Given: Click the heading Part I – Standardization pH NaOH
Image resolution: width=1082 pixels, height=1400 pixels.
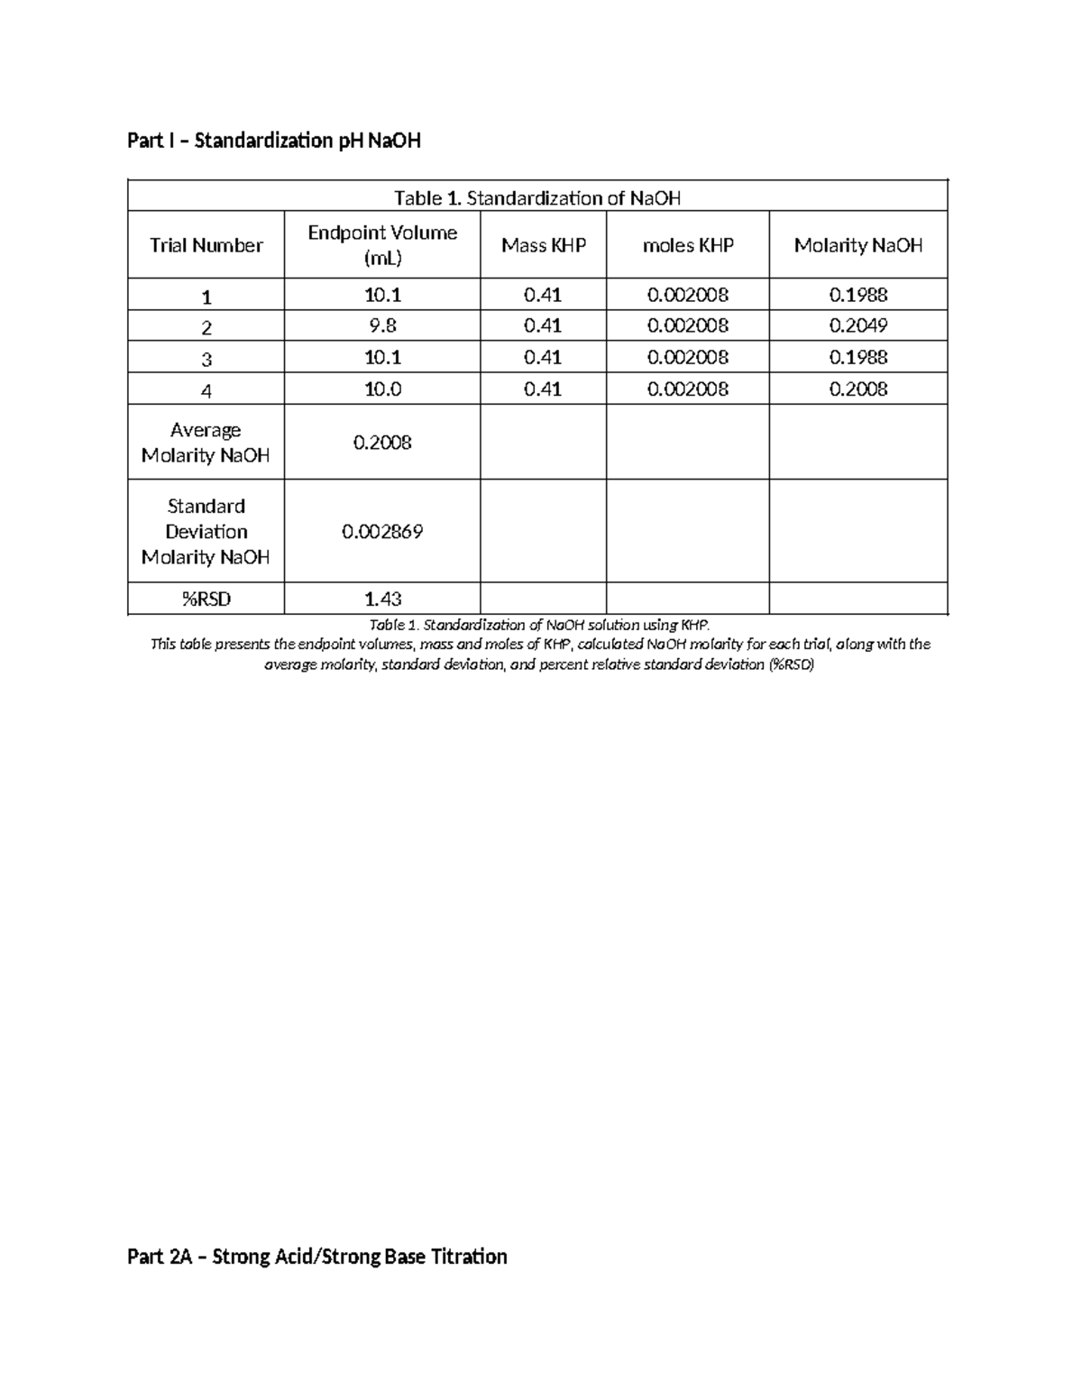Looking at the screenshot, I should (x=274, y=141).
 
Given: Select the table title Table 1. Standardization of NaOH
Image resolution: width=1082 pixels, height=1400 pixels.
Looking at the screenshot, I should (x=537, y=198).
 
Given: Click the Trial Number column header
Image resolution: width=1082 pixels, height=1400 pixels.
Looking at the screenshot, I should (x=206, y=245).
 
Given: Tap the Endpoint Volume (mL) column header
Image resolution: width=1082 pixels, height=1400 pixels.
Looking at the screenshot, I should (x=382, y=245).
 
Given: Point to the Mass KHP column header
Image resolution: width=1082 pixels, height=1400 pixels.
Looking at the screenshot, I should (x=543, y=245).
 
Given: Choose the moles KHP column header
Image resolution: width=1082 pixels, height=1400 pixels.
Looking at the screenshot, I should (x=687, y=245).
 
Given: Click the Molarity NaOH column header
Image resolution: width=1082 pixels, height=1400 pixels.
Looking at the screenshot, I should (x=857, y=245).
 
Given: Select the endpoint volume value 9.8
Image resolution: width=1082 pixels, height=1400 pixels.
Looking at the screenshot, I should (x=382, y=325).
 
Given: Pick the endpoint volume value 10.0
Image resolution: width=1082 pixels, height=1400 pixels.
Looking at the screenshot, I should (x=382, y=389).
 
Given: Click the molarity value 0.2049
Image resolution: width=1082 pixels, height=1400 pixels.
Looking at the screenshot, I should (x=857, y=325).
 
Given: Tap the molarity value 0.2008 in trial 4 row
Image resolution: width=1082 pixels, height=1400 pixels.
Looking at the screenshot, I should (x=857, y=389).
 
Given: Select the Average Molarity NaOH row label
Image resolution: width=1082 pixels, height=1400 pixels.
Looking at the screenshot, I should (x=206, y=443).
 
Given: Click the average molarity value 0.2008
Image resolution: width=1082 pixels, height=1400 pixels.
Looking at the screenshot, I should (x=382, y=443).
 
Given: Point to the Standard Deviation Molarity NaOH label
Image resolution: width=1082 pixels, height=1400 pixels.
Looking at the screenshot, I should (x=206, y=531).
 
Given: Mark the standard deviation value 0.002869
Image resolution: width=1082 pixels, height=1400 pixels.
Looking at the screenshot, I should (x=382, y=532).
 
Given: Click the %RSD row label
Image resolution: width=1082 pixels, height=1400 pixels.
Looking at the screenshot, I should (x=206, y=599).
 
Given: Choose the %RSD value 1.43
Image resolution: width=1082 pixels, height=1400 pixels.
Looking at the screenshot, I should (x=382, y=599).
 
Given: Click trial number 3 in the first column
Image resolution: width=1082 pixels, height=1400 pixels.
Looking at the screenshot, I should (x=206, y=359).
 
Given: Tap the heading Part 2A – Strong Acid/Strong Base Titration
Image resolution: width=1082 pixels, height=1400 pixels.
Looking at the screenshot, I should (x=317, y=1257).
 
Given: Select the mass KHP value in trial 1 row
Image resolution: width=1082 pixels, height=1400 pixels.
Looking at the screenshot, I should (x=543, y=295).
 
